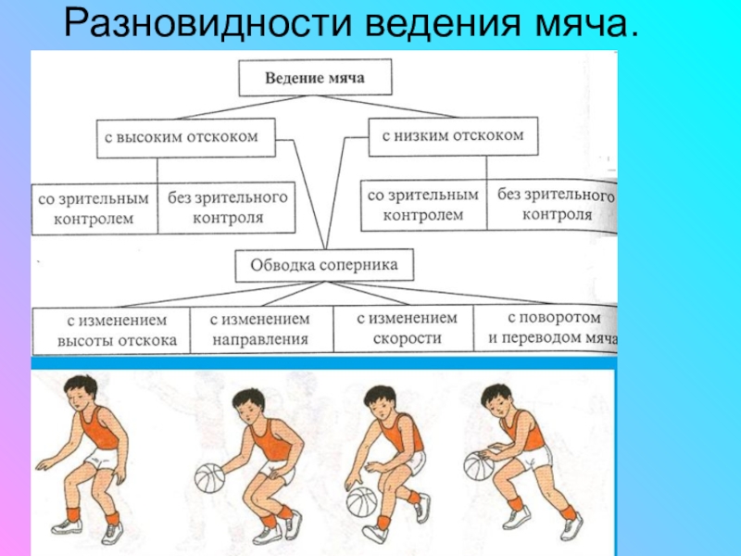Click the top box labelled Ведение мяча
click(x=315, y=79)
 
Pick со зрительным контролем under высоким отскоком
click(x=94, y=208)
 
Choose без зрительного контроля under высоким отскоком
click(x=228, y=208)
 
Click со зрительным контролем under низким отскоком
click(x=423, y=205)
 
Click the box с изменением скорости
click(x=407, y=328)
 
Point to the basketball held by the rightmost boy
click(x=479, y=465)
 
